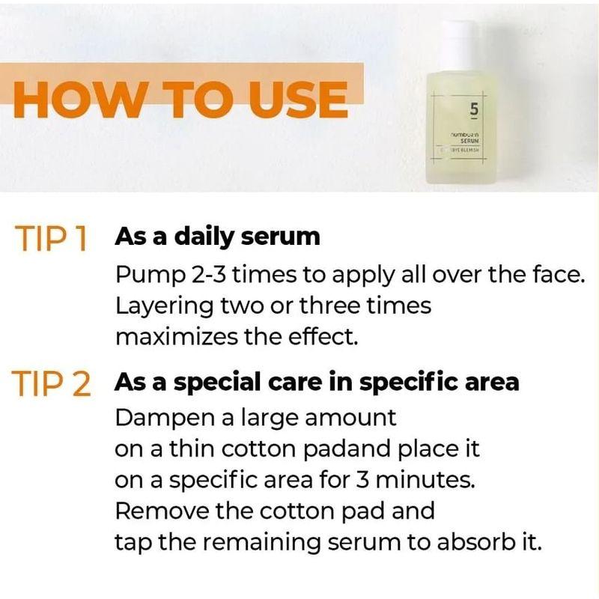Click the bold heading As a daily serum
click(x=217, y=237)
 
